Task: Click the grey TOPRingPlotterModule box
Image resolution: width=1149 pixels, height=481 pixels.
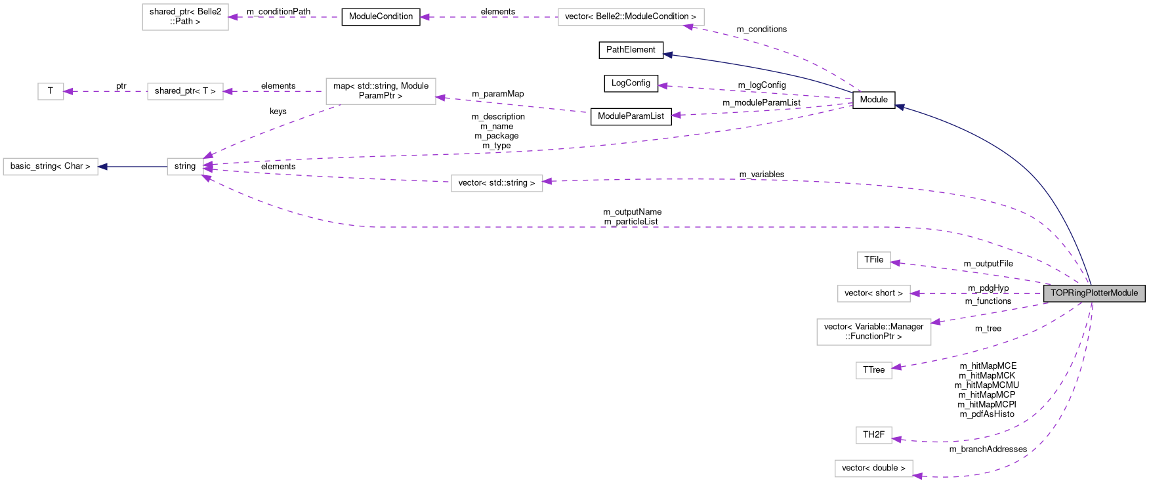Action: pyautogui.click(x=1094, y=293)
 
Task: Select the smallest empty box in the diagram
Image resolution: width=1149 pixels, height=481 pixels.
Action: pyautogui.click(x=51, y=91)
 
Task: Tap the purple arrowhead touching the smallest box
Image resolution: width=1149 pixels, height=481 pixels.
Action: pyautogui.click(x=68, y=91)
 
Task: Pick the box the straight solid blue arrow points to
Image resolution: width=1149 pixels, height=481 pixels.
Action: pyautogui.click(x=51, y=167)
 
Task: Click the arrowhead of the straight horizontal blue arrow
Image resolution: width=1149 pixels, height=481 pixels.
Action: pyautogui.click(x=102, y=167)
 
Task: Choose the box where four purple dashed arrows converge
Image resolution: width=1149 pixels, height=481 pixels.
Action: pyautogui.click(x=185, y=167)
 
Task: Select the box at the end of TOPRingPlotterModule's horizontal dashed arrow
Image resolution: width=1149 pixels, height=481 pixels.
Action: pyautogui.click(x=873, y=293)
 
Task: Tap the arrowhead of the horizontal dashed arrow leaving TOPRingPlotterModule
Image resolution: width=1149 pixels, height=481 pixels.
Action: pyautogui.click(x=915, y=293)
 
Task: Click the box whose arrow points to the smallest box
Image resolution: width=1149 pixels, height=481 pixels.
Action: pyautogui.click(x=185, y=91)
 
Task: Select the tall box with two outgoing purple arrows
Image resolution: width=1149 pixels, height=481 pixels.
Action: pyautogui.click(x=381, y=91)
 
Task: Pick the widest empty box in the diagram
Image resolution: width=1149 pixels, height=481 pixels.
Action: pyautogui.click(x=631, y=17)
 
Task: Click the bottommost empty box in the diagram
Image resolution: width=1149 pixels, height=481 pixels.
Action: pyautogui.click(x=873, y=469)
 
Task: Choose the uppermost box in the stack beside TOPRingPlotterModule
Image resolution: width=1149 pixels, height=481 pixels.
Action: pyautogui.click(x=873, y=261)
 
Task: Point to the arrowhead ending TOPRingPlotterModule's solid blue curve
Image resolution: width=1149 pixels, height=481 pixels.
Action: pyautogui.click(x=900, y=106)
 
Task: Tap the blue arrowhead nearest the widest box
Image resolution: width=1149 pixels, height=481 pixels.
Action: pyautogui.click(x=667, y=54)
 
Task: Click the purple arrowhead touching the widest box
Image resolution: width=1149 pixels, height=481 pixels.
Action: pyautogui.click(x=688, y=26)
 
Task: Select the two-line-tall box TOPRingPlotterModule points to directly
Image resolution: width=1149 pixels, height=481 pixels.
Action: pyautogui.click(x=873, y=332)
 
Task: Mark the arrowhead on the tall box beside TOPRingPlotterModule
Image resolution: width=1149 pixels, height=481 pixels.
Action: pyautogui.click(x=936, y=322)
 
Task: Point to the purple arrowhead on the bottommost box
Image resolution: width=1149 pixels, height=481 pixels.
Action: pyautogui.click(x=917, y=476)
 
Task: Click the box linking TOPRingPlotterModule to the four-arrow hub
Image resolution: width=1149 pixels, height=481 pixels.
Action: pyautogui.click(x=497, y=184)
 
